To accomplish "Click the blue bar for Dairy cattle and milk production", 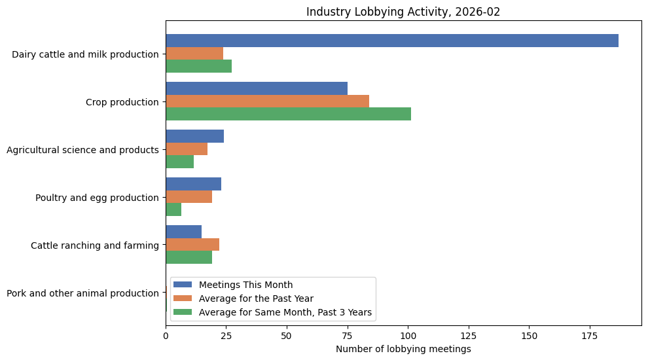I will point(391,41).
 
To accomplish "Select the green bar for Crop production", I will point(288,114).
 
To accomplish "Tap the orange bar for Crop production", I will point(267,101).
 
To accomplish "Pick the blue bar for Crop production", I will point(256,88).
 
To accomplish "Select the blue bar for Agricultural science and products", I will point(194,136).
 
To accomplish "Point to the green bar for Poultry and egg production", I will point(173,209).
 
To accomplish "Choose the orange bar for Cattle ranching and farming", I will point(192,245).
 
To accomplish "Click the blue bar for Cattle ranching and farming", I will point(183,232).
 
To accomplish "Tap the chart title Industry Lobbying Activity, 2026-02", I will point(403,12).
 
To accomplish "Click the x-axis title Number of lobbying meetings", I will point(403,349).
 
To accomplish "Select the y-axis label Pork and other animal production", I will point(82,293).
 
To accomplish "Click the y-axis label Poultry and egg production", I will point(97,198).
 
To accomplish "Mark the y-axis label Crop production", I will point(122,102).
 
